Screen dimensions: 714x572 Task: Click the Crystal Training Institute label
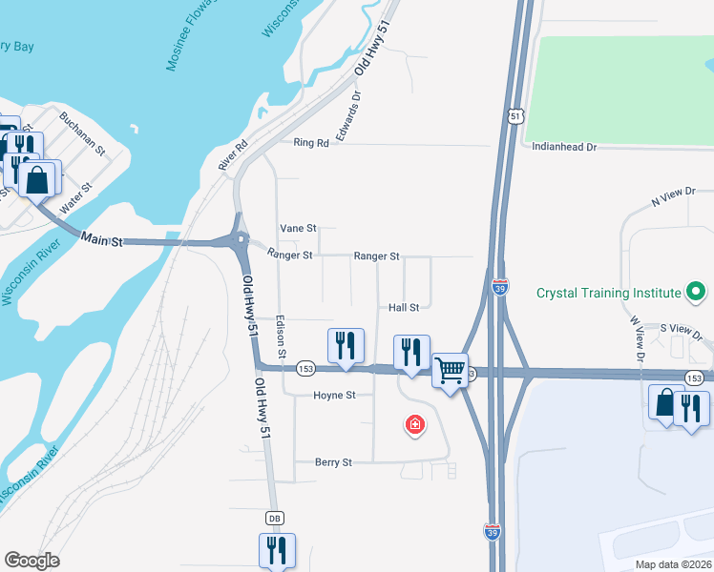click(608, 293)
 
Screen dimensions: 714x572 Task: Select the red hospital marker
click(414, 424)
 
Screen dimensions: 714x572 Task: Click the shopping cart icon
click(450, 369)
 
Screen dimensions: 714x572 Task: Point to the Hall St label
click(404, 308)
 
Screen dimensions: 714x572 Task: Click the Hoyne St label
click(334, 395)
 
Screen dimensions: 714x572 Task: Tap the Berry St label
click(333, 462)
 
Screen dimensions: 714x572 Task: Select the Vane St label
click(297, 229)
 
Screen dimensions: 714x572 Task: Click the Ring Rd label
click(311, 143)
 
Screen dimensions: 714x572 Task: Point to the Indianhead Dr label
click(563, 148)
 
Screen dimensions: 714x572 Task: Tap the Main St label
click(102, 239)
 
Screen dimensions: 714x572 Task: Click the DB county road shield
click(275, 518)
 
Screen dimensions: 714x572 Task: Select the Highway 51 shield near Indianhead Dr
click(515, 115)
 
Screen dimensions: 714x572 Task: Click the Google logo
click(31, 561)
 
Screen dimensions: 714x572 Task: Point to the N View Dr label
click(673, 197)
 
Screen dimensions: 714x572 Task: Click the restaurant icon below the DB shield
click(277, 550)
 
